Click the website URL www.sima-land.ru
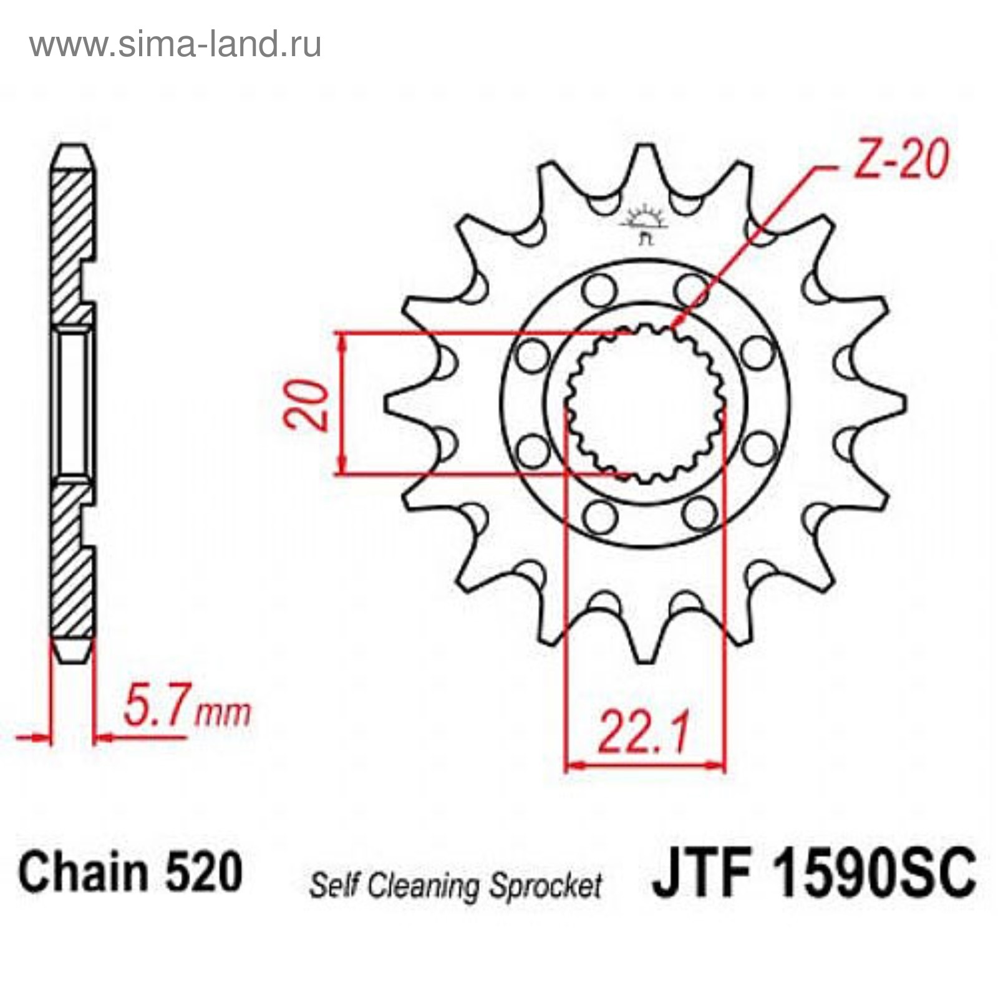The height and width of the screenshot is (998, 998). [x=175, y=44]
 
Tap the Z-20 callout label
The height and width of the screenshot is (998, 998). [x=901, y=159]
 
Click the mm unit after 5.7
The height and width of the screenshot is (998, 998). [x=223, y=713]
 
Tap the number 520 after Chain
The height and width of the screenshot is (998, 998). [x=203, y=872]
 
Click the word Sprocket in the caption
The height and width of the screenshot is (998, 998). [x=545, y=886]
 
